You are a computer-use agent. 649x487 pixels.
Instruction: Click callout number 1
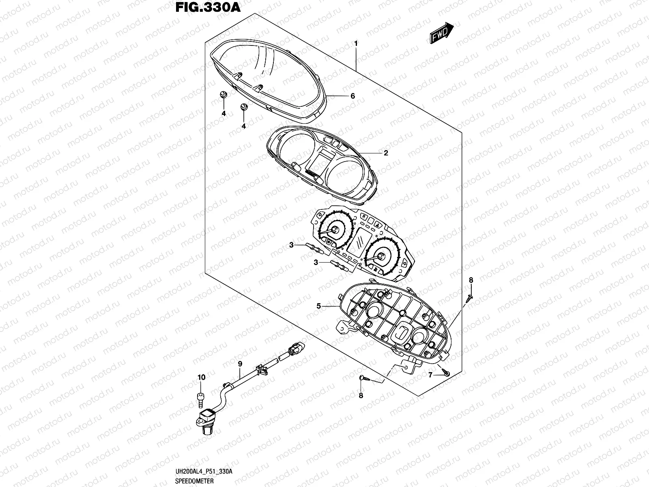pyautogui.click(x=356, y=43)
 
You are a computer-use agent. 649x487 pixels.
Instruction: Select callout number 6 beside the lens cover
pyautogui.click(x=352, y=96)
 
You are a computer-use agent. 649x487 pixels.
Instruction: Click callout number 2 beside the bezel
pyautogui.click(x=386, y=153)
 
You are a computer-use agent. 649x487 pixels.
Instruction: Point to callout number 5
pyautogui.click(x=319, y=306)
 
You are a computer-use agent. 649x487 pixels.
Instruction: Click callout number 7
pyautogui.click(x=430, y=375)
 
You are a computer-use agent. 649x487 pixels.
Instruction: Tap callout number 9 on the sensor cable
pyautogui.click(x=240, y=364)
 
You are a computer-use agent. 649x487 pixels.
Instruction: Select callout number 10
pyautogui.click(x=202, y=377)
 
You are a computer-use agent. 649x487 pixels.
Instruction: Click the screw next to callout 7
pyautogui.click(x=445, y=372)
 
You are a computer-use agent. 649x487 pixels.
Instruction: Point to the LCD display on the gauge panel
pyautogui.click(x=359, y=241)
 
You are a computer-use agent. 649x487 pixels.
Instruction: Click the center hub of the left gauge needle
pyautogui.click(x=335, y=230)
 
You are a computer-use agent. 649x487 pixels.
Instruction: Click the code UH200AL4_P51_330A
pyautogui.click(x=204, y=471)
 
